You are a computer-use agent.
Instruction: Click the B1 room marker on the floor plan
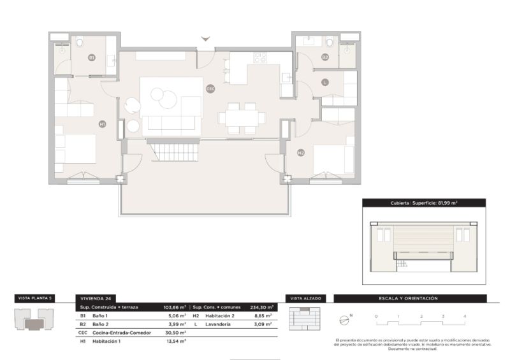click(x=92, y=57)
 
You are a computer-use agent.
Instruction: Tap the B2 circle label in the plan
click(x=324, y=57)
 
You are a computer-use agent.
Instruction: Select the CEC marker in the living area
click(x=210, y=89)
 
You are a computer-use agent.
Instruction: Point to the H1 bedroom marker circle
click(x=102, y=124)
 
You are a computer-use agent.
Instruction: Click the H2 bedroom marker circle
click(x=300, y=152)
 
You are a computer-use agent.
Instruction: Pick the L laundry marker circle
click(x=324, y=82)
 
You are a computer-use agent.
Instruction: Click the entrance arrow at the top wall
click(x=205, y=40)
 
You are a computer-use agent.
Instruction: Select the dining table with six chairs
click(x=242, y=118)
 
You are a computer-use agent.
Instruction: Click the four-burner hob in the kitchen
click(x=260, y=58)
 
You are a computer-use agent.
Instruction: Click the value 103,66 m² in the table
click(x=175, y=307)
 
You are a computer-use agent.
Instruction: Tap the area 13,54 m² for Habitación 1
click(x=175, y=341)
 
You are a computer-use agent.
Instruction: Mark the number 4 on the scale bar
click(x=465, y=316)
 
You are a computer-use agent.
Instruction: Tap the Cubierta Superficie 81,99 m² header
click(x=424, y=203)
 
